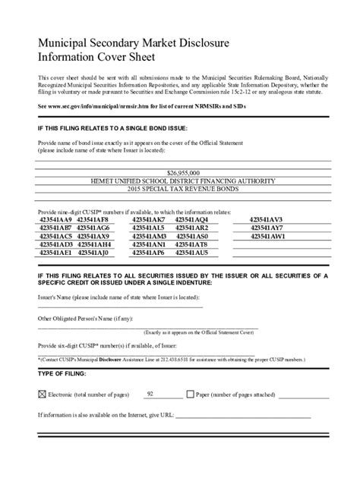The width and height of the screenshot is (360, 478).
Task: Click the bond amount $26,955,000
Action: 179,173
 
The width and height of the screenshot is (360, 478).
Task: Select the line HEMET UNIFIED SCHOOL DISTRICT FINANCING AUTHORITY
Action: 179,184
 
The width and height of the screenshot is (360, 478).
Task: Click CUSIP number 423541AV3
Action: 266,219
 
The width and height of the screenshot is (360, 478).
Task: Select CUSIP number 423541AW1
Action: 267,236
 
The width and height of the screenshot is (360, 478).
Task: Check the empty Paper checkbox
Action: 190,395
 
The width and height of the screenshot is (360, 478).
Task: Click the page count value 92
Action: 150,394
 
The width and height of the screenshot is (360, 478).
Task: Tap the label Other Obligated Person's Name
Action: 74,317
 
